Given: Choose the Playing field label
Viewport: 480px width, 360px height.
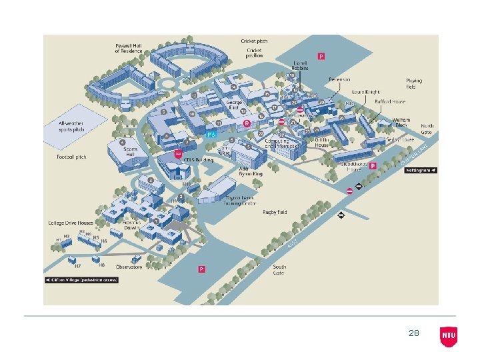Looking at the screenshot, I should pyautogui.click(x=415, y=84).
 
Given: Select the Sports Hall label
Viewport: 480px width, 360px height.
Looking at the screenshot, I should pyautogui.click(x=131, y=151).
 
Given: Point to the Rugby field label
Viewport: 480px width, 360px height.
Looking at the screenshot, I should pyautogui.click(x=275, y=212).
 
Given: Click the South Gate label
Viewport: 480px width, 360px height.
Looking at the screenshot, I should pyautogui.click(x=279, y=269).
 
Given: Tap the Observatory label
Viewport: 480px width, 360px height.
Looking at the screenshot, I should pyautogui.click(x=129, y=267).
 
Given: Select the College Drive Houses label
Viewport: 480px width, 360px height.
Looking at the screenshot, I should pyautogui.click(x=70, y=223).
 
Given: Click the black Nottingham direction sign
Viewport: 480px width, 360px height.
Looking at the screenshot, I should pyautogui.click(x=421, y=170).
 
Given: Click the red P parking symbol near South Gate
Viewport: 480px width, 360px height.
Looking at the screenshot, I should pyautogui.click(x=201, y=269).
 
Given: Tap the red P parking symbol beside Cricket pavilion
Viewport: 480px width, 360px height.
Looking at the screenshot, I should pyautogui.click(x=321, y=57).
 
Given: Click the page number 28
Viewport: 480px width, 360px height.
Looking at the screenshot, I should pyautogui.click(x=414, y=333).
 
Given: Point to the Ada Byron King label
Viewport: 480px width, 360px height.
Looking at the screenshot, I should pyautogui.click(x=251, y=171).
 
